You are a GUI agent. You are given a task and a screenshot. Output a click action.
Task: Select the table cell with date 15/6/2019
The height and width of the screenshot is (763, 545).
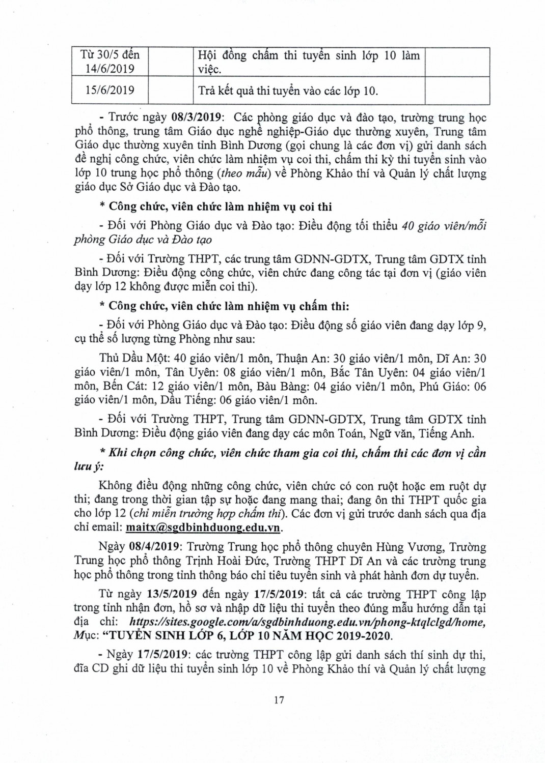pos(110,91)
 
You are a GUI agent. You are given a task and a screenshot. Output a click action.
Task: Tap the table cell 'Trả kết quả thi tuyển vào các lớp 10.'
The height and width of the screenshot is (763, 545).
pos(288,91)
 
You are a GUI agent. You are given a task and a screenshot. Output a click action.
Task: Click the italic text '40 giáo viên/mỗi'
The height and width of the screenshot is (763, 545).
pos(443,226)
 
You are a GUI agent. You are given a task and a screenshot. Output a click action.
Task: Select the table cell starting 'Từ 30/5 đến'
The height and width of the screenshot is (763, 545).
pos(110,62)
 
